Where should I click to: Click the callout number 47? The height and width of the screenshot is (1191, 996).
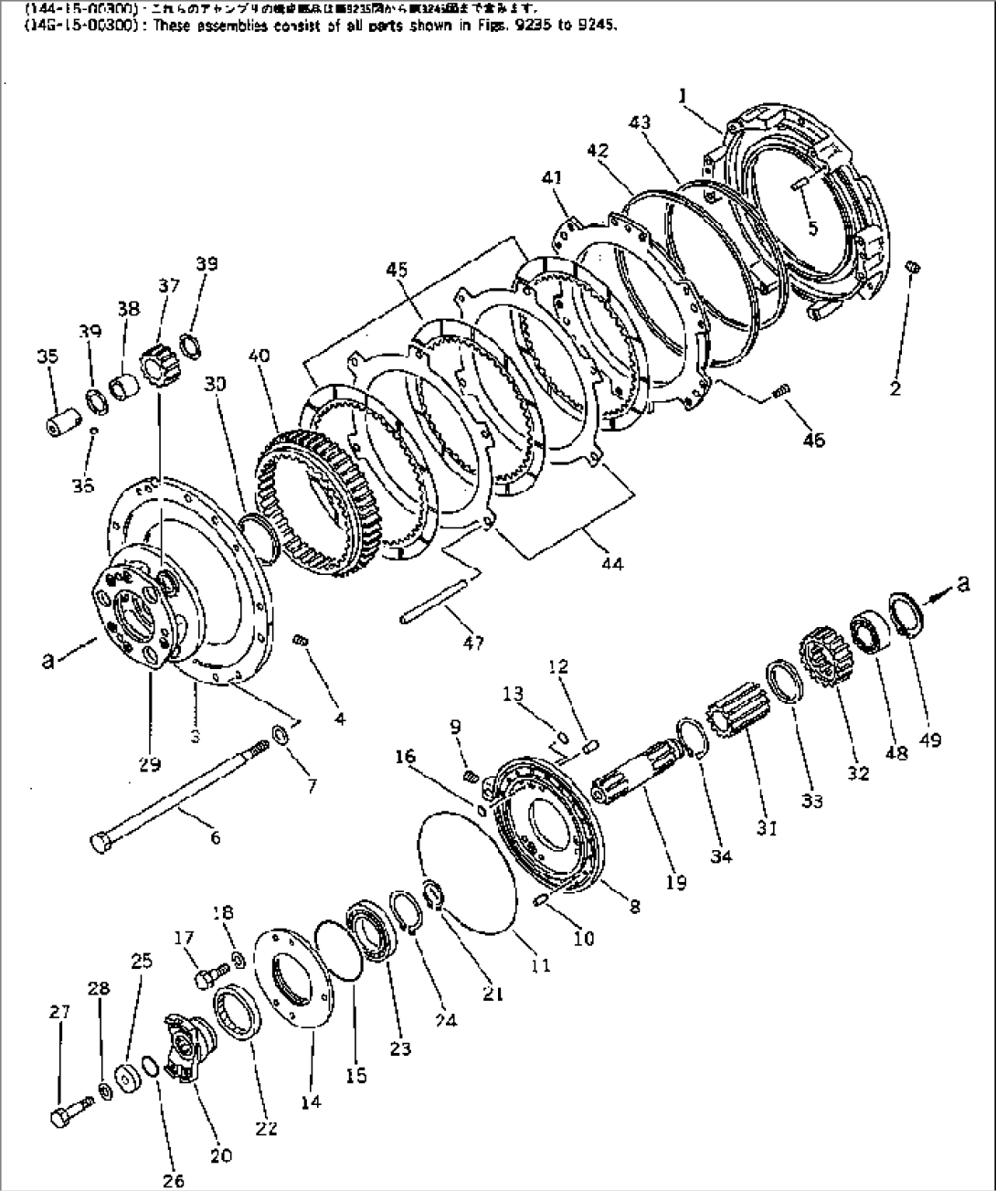472,643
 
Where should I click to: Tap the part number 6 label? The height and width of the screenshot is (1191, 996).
215,837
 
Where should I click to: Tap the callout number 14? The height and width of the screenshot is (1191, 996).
311,1102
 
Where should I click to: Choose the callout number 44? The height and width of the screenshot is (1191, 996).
612,564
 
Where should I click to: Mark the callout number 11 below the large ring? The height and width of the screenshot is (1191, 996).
541,963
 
